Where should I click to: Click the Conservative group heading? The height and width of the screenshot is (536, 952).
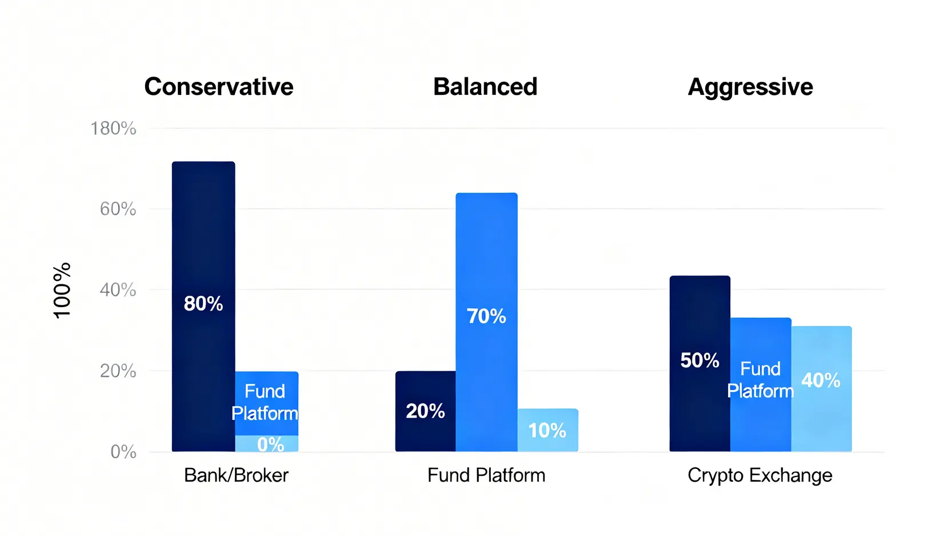coord(219,87)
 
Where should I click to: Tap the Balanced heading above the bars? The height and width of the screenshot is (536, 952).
coord(485,87)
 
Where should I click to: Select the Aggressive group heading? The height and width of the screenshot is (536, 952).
coord(750,88)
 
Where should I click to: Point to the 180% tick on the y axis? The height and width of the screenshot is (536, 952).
coord(114,129)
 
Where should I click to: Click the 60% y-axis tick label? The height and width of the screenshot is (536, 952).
coord(118,209)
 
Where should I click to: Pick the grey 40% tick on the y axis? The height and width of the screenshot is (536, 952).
coord(118,290)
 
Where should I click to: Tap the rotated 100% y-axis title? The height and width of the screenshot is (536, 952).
coord(62,291)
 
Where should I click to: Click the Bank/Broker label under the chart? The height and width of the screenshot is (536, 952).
coord(237,475)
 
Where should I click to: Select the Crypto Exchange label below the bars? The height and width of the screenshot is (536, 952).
coord(760,476)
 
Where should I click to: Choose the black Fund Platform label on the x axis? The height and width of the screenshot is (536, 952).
coord(486,475)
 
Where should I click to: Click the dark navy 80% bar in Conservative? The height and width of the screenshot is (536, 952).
coord(203,306)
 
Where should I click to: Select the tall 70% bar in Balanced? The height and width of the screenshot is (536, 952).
coord(487,322)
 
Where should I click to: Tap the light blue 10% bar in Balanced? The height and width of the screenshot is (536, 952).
coord(548,430)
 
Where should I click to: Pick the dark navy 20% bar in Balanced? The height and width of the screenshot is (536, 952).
coord(425,411)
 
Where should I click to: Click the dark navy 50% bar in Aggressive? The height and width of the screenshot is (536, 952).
coord(700,364)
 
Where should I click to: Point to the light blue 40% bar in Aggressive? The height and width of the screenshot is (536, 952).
coord(822,389)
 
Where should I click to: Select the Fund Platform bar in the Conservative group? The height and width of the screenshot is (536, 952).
coord(267,403)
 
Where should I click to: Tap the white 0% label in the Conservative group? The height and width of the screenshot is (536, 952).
coord(271,444)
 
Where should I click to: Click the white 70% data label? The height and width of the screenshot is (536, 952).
coord(487,316)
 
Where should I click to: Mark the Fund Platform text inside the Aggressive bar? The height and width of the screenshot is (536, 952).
coord(761,380)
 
